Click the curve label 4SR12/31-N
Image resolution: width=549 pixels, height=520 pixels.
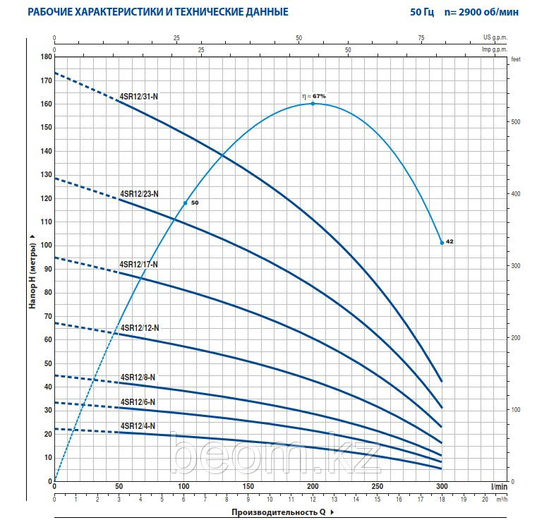(x=138, y=96)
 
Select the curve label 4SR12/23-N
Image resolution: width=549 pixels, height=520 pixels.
(x=139, y=193)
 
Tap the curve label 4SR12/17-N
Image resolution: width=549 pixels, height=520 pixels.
(x=138, y=264)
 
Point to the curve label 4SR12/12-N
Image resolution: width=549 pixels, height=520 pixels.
(x=139, y=327)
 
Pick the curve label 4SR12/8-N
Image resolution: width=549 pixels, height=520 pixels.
(x=137, y=377)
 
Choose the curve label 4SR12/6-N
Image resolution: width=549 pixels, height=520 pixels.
(x=137, y=401)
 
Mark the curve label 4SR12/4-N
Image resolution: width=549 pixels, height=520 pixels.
(x=137, y=425)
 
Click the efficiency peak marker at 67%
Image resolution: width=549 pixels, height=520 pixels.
(x=313, y=104)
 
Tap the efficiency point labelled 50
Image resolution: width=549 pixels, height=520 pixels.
(x=186, y=203)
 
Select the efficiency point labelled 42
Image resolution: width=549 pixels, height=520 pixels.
(x=442, y=243)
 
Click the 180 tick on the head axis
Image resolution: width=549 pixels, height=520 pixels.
(x=47, y=57)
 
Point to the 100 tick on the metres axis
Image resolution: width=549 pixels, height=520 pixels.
(x=47, y=246)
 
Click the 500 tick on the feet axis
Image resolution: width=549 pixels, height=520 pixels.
(x=515, y=122)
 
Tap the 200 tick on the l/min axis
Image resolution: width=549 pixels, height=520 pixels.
(x=313, y=487)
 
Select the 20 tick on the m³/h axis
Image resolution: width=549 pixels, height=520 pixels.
(x=485, y=499)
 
